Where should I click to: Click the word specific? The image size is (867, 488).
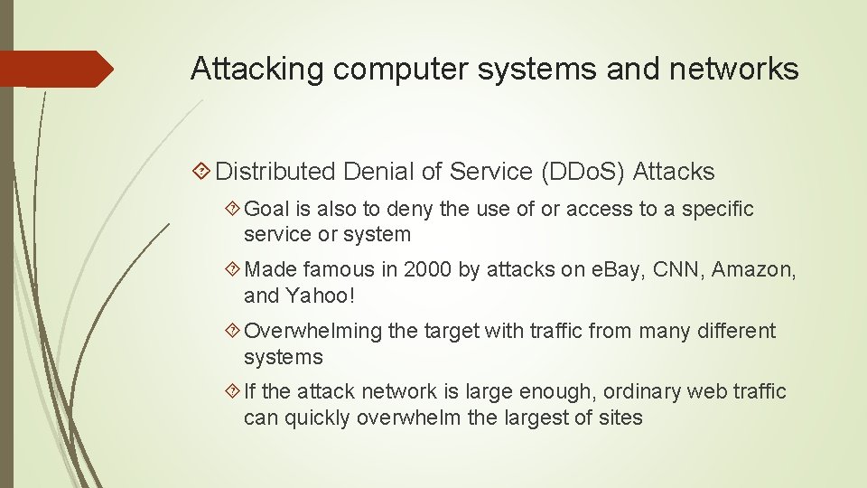(x=717, y=210)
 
